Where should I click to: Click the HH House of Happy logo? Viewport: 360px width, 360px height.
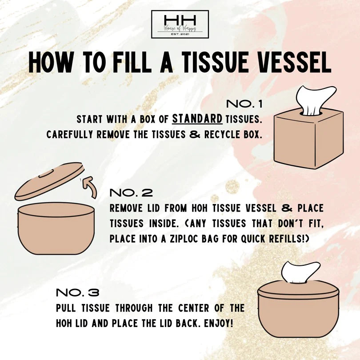[x=180, y=24]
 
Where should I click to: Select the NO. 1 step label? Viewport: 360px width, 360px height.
[x=244, y=104]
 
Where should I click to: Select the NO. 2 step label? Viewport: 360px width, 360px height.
[x=131, y=193]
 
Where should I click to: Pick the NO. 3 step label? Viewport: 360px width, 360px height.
[x=77, y=293]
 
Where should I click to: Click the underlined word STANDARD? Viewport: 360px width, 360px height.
[x=197, y=119]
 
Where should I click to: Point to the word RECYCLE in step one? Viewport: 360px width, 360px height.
[x=222, y=134]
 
